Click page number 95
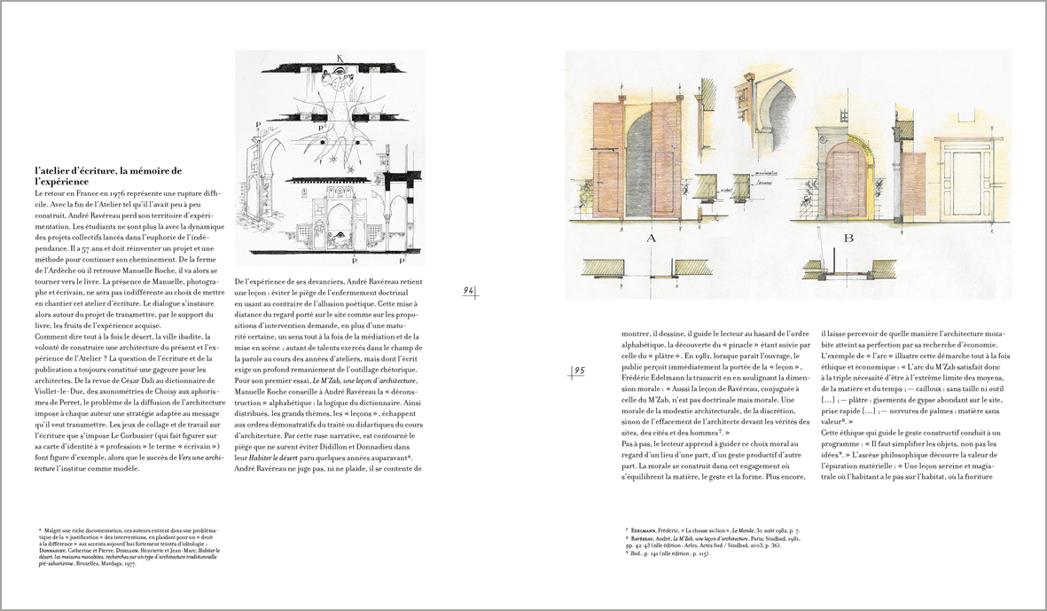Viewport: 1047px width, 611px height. [577, 371]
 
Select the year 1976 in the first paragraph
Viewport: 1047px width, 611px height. [129, 192]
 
